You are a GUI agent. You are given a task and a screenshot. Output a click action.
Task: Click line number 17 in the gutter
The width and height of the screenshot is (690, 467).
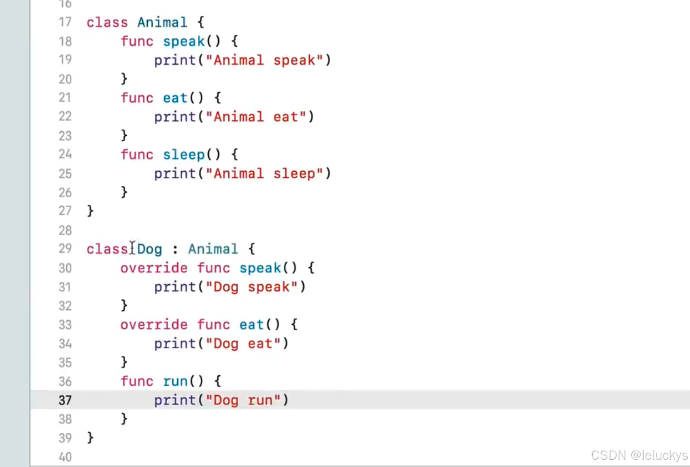(x=65, y=22)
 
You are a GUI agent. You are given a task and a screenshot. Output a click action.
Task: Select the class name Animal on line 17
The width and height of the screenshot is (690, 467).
(x=162, y=22)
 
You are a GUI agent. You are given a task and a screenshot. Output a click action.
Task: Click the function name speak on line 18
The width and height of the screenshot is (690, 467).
(x=184, y=41)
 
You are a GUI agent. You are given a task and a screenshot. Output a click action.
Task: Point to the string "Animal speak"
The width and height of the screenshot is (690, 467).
(x=264, y=60)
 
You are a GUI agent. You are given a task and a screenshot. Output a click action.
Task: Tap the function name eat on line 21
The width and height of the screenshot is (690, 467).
(x=175, y=98)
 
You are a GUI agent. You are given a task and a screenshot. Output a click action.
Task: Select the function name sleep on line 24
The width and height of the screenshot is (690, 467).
(x=184, y=155)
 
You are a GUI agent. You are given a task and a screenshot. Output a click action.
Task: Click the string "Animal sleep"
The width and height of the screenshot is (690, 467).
(x=264, y=174)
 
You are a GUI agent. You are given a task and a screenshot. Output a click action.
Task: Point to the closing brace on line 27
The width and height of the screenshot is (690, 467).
(x=90, y=211)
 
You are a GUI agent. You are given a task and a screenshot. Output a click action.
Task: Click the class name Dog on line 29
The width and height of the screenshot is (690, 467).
(x=150, y=249)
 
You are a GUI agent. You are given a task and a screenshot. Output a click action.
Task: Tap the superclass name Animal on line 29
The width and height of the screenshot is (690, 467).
(x=213, y=249)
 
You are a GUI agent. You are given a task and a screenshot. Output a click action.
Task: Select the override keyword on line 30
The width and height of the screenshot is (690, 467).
(x=154, y=268)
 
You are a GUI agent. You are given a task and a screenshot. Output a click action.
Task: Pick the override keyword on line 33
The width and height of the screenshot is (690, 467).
(x=154, y=325)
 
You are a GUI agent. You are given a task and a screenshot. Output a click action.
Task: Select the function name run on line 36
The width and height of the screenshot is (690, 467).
(x=175, y=382)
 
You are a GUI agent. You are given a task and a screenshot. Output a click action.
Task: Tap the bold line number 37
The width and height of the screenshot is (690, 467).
(x=65, y=400)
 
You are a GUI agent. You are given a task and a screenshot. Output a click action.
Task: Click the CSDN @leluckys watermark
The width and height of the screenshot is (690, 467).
(x=639, y=455)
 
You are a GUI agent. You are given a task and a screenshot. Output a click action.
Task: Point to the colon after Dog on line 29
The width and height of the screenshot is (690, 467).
(x=175, y=249)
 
